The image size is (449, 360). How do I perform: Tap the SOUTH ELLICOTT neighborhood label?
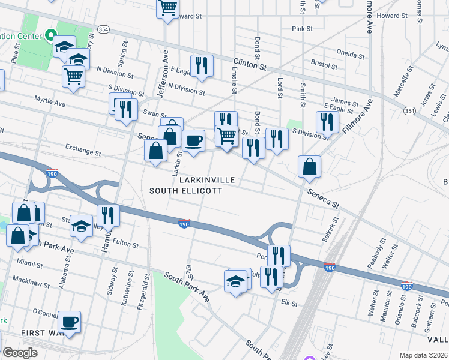(x=185, y=191)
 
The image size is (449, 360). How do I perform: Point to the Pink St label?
(x=302, y=28)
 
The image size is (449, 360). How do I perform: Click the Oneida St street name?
(x=351, y=53)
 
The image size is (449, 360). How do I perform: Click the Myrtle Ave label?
(x=49, y=101)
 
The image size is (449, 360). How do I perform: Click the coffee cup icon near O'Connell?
(x=69, y=321)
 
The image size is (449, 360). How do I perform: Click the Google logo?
(x=20, y=353)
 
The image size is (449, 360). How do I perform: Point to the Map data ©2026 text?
(x=423, y=355)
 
